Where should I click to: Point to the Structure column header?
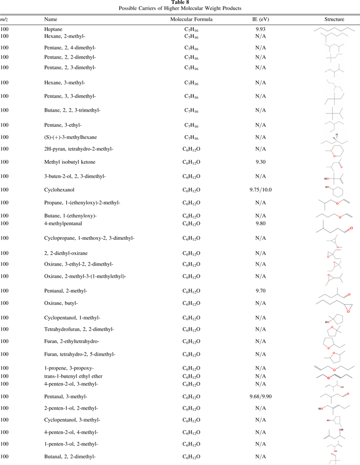[x=334, y=20]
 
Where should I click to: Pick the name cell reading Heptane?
[x=53, y=29]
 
